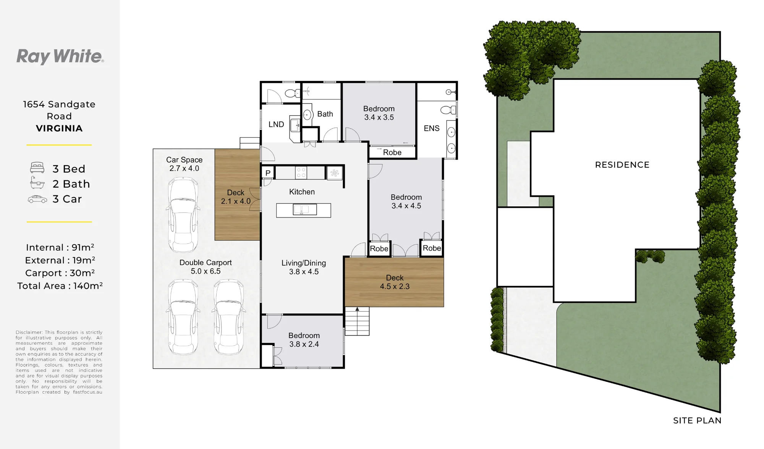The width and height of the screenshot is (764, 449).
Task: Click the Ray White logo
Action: (x=60, y=56)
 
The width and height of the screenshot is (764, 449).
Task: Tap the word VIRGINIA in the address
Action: (x=59, y=128)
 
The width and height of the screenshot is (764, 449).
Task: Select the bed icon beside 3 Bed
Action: (x=37, y=168)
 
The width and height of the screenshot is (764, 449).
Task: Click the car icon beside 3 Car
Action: (x=37, y=199)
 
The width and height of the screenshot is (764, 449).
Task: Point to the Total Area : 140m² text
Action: (x=60, y=286)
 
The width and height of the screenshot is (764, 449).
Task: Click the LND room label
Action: (x=276, y=124)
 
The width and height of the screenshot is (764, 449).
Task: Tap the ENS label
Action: (x=432, y=128)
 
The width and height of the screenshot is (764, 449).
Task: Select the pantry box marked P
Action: (x=268, y=173)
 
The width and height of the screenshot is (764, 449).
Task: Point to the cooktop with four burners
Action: (x=301, y=173)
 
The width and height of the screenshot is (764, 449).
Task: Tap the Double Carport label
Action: (x=206, y=263)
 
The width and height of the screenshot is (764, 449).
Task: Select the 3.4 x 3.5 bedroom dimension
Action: (x=379, y=117)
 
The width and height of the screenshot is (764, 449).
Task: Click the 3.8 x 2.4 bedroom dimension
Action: (x=304, y=344)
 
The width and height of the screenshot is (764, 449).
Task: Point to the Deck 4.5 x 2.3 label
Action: (x=395, y=282)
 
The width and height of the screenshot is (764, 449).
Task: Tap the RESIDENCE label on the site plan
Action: (x=622, y=165)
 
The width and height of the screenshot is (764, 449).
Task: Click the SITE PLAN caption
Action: (x=697, y=420)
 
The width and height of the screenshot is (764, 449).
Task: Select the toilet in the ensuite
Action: (x=448, y=110)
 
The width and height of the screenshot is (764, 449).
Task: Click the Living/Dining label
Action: (x=304, y=263)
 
